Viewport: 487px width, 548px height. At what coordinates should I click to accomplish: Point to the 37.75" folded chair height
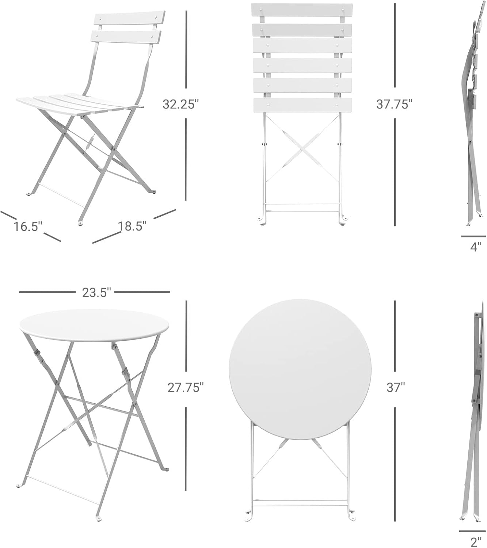(394, 104)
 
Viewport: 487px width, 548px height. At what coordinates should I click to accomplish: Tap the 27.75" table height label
(185, 387)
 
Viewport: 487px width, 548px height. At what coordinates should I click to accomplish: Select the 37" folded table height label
(395, 387)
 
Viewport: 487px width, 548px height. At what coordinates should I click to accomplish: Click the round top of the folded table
(300, 370)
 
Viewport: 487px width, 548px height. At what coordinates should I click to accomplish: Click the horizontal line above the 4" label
(473, 236)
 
